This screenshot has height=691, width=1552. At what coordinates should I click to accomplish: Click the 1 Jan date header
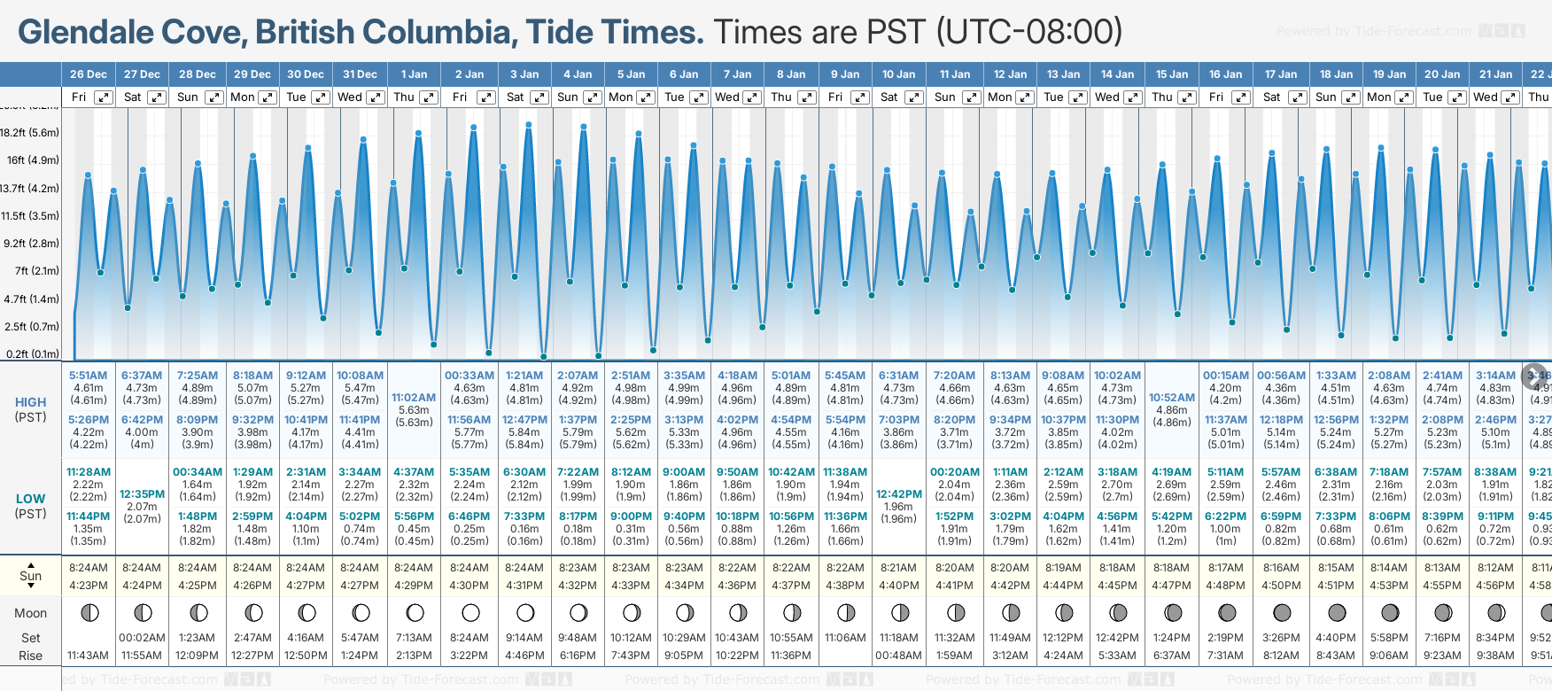pos(414,74)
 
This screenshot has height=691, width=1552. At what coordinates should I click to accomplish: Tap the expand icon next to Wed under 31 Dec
pos(376,97)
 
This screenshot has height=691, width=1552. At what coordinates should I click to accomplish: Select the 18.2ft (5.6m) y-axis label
pos(30,133)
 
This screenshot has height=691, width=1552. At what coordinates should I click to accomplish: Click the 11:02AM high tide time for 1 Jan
pos(414,398)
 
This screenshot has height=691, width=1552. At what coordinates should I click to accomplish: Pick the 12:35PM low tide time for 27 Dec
pos(142,494)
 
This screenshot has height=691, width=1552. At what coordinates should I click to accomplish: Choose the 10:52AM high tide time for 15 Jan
pos(1171,398)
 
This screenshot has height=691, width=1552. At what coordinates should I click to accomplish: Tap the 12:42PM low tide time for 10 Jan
pos(899,494)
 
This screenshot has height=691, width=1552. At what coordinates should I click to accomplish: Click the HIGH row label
pos(31,402)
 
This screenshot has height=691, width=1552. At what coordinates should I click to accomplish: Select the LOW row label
pos(31,499)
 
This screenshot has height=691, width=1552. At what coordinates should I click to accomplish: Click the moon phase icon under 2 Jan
pos(470,612)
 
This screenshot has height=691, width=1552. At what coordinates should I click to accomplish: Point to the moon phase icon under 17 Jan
pos(1281,612)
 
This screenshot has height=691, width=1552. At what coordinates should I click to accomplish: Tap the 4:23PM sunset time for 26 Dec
pos(88,586)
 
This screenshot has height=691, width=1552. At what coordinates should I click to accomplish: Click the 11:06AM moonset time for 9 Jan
pos(845,637)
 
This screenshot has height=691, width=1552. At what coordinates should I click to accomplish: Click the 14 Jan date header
pos(1117,74)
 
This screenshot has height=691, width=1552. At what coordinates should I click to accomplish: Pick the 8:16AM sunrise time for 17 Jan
pos(1281,568)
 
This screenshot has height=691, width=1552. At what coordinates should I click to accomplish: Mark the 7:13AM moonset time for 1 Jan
pos(414,637)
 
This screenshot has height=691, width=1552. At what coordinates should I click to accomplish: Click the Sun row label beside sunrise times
pos(31,576)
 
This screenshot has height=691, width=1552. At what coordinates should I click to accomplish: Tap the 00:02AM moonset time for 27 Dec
pos(142,637)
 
